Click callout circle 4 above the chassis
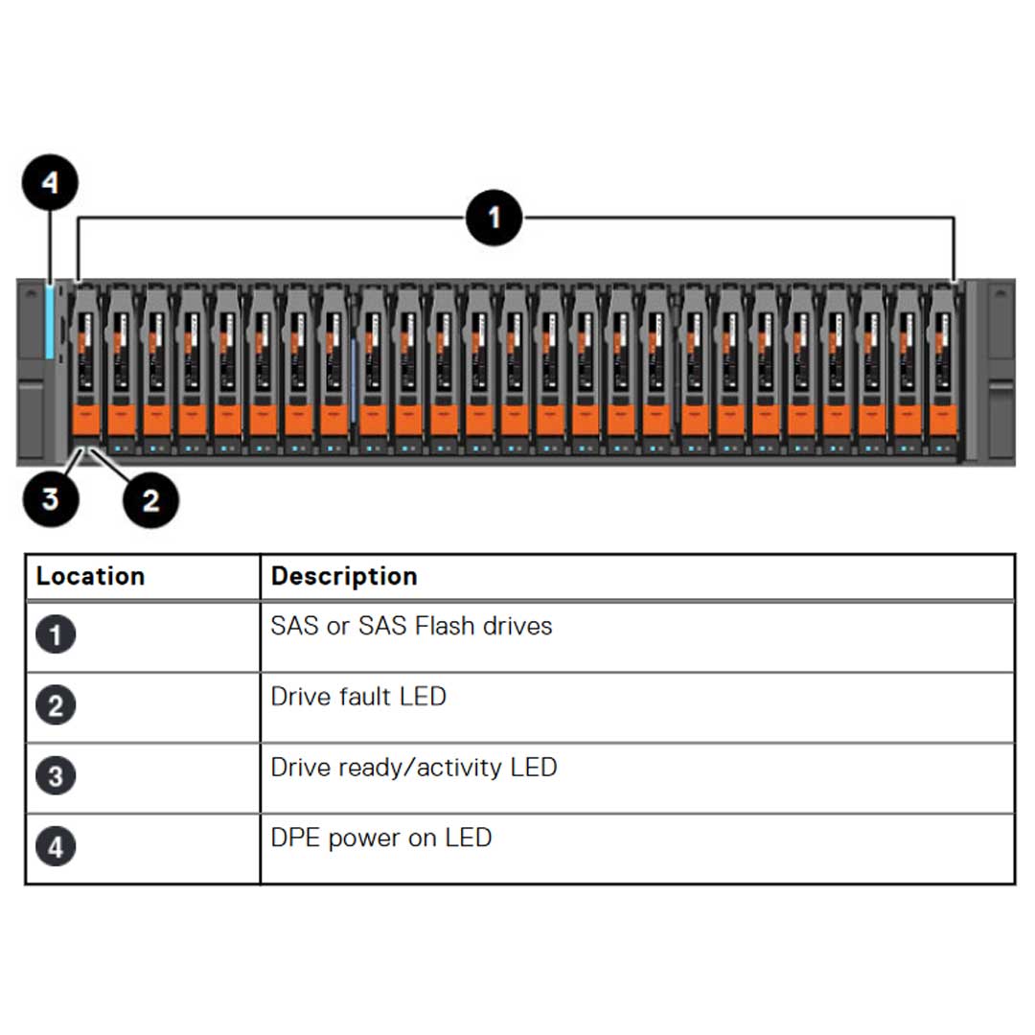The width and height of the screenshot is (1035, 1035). click(50, 182)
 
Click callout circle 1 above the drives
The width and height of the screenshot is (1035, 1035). click(494, 218)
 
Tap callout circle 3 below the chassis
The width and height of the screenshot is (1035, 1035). click(50, 498)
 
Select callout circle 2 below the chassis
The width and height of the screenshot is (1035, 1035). click(151, 499)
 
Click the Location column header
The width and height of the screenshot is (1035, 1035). click(90, 576)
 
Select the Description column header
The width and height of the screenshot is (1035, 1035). click(344, 576)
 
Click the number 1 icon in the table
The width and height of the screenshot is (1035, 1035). click(56, 635)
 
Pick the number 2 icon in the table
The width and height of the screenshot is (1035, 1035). click(56, 706)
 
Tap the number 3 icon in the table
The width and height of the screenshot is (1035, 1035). click(56, 776)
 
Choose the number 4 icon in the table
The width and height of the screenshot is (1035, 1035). click(56, 847)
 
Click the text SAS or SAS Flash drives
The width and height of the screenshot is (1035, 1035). click(411, 627)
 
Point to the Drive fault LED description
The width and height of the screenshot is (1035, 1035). click(358, 697)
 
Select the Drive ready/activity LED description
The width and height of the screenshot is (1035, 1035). click(413, 768)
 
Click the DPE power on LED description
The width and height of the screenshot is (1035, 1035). click(380, 838)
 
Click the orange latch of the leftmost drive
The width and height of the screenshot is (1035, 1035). click(85, 420)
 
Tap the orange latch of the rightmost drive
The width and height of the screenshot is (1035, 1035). click(944, 420)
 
